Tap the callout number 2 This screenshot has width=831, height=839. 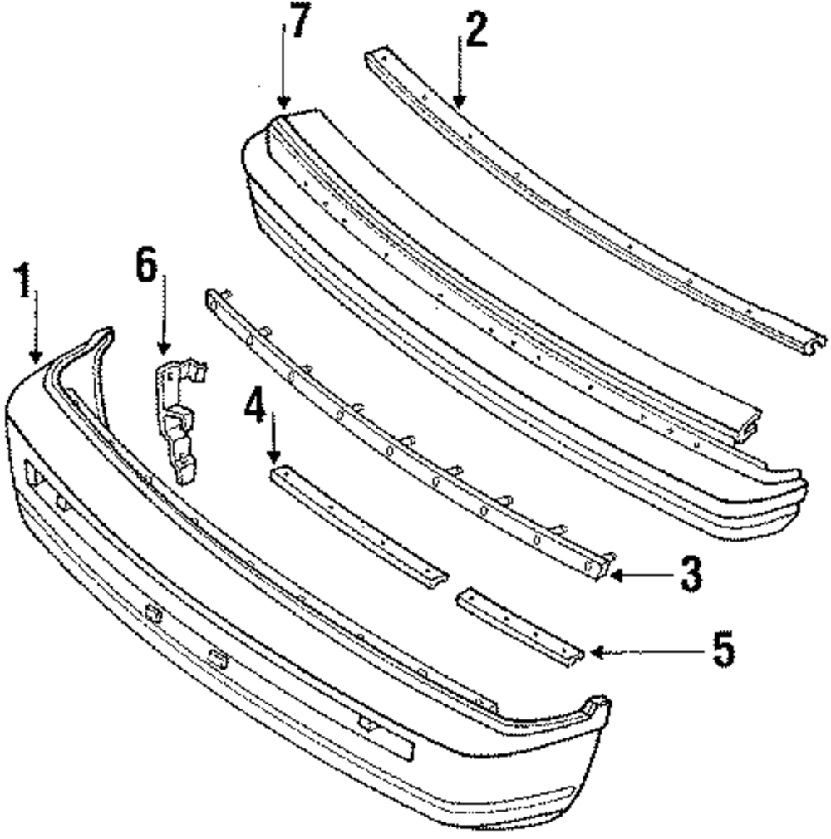[x=475, y=32]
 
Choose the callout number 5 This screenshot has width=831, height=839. [x=723, y=650]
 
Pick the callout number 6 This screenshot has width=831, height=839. [x=147, y=268]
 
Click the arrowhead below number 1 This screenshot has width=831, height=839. [x=35, y=356]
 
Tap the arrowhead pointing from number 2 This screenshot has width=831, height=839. [x=458, y=102]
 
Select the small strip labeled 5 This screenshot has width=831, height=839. [x=519, y=626]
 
